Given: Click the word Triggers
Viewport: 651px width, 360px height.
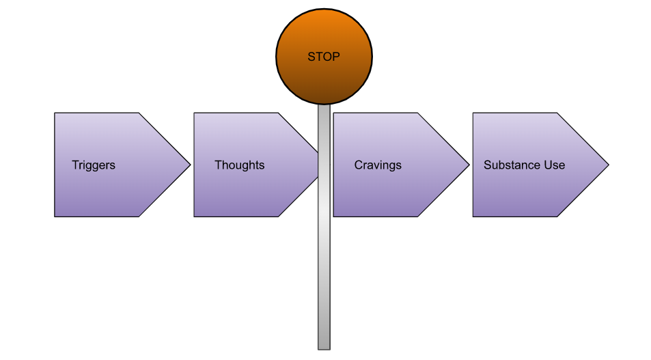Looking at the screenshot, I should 94,165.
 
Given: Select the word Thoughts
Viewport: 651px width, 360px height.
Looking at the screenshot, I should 239,165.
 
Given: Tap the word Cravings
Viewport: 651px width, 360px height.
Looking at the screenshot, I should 378,165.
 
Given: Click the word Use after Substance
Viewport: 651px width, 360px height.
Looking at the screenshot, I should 554,165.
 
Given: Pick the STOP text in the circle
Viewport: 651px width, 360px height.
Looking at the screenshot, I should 324,57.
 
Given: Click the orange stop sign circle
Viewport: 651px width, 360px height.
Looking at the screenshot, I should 324,75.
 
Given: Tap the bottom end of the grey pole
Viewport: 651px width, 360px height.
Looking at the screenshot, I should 324,348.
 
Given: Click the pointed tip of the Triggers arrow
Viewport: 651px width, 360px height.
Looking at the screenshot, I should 190,165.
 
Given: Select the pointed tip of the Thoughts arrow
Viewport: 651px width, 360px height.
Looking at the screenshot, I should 318,165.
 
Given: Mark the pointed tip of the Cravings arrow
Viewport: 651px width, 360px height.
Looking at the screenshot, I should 469,165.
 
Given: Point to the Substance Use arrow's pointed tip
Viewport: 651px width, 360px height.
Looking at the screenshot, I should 608,165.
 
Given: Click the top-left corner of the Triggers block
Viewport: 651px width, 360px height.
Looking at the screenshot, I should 55,113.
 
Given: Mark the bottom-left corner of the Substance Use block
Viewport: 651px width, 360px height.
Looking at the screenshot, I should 473,217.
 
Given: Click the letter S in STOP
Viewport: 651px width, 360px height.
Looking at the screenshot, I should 311,57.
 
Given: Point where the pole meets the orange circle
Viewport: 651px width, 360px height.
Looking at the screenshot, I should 324,105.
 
